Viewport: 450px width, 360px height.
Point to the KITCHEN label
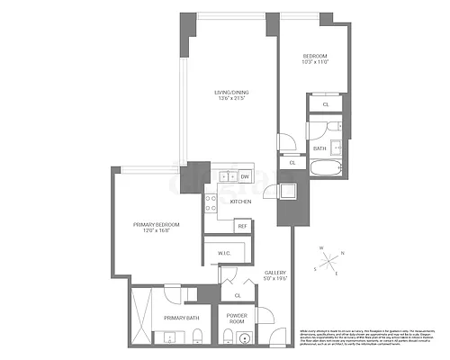pyautogui.click(x=240, y=202)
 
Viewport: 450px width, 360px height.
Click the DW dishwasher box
pyautogui.click(x=245, y=176)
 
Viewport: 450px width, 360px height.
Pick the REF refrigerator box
pyautogui.click(x=242, y=226)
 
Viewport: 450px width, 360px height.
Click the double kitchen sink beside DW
pyautogui.click(x=223, y=176)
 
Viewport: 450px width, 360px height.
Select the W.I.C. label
pyautogui.click(x=223, y=253)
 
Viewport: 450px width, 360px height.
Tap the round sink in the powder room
pyautogui.click(x=229, y=337)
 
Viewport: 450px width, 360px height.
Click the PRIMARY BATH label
pyautogui.click(x=180, y=317)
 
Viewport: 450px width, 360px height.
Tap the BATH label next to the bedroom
pyautogui.click(x=319, y=148)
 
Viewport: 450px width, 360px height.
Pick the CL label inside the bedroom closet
pyautogui.click(x=325, y=104)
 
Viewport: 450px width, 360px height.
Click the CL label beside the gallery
pyautogui.click(x=238, y=295)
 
